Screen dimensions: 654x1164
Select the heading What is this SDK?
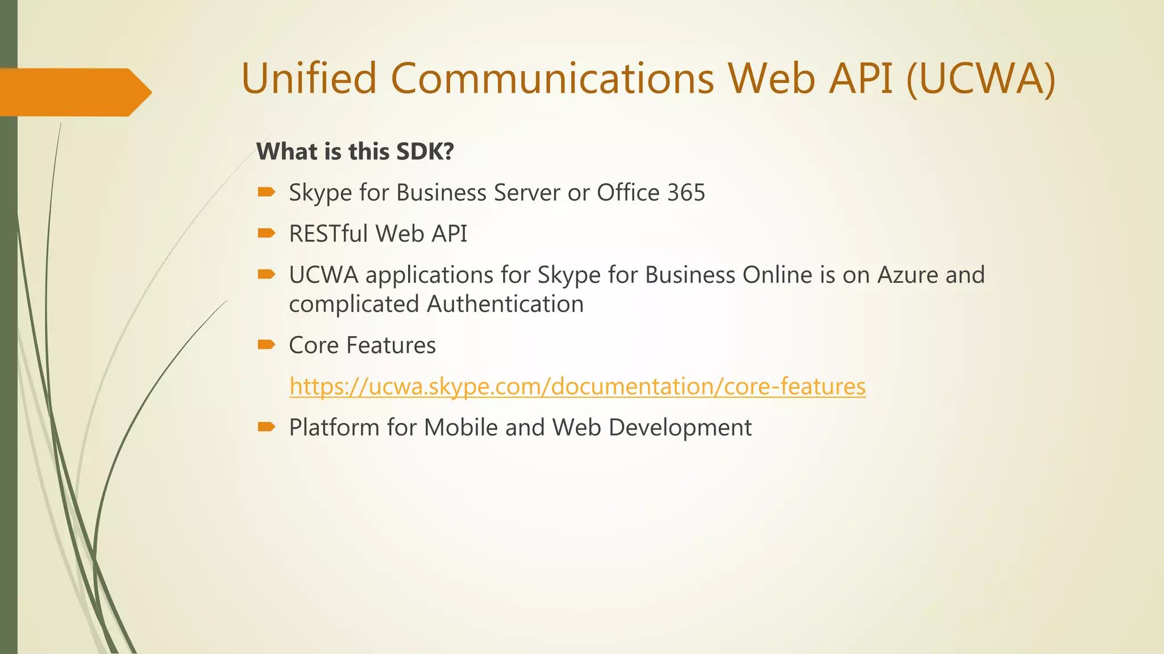355,152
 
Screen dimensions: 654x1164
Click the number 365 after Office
686,193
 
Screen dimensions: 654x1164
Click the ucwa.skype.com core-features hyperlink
577,387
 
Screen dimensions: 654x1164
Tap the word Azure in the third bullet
908,275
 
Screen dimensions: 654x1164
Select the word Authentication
505,304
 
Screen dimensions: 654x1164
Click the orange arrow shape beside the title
74,92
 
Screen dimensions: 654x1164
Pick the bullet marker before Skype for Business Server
266,192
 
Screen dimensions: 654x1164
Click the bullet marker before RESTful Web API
266,233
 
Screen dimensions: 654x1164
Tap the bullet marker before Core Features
266,345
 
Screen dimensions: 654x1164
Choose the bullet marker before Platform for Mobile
266,427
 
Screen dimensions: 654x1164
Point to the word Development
680,427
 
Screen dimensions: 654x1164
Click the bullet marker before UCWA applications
266,275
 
